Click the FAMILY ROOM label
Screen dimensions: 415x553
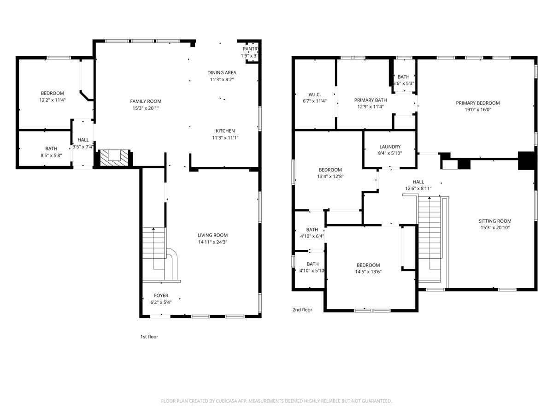pyautogui.click(x=146, y=101)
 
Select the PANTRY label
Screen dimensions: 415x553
pyautogui.click(x=251, y=49)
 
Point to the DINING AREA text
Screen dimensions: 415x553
pyautogui.click(x=222, y=72)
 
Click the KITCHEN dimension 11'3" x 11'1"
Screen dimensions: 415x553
pyautogui.click(x=225, y=137)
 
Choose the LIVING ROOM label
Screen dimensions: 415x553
pyautogui.click(x=212, y=235)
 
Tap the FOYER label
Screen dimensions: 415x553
pyautogui.click(x=161, y=295)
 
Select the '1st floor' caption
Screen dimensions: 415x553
pyautogui.click(x=149, y=337)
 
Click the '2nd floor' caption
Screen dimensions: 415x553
pyautogui.click(x=302, y=310)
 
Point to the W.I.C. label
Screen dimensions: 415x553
pyautogui.click(x=314, y=94)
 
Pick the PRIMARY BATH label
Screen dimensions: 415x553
pyautogui.click(x=371, y=100)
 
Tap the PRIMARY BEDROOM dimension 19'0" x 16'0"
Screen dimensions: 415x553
pyautogui.click(x=477, y=110)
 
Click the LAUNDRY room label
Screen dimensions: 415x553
pyautogui.click(x=390, y=147)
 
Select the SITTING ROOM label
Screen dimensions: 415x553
pyautogui.click(x=495, y=221)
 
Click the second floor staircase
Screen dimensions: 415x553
pyautogui.click(x=429, y=235)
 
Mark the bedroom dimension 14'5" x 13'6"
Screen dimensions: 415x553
pyautogui.click(x=368, y=272)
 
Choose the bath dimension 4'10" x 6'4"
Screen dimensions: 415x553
pyautogui.click(x=312, y=236)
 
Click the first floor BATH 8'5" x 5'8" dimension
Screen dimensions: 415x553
pyautogui.click(x=51, y=155)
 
